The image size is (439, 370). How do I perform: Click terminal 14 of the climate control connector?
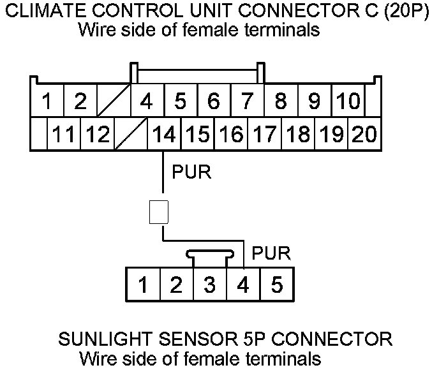click(x=165, y=135)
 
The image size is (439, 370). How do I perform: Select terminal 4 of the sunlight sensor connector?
click(x=243, y=285)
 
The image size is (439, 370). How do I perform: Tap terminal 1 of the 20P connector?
click(x=47, y=101)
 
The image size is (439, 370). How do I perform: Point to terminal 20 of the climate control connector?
click(x=364, y=135)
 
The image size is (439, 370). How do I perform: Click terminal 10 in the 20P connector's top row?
click(x=348, y=101)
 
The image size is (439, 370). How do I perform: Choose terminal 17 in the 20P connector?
click(x=264, y=135)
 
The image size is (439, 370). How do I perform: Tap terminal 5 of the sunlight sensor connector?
click(x=276, y=285)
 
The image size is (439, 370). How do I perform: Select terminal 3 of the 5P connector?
click(x=209, y=285)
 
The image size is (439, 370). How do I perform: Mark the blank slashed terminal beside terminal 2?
click(x=114, y=101)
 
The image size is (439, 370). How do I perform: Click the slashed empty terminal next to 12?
click(x=131, y=135)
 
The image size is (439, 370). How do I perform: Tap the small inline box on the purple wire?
click(x=158, y=212)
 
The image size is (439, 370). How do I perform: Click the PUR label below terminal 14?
click(x=191, y=172)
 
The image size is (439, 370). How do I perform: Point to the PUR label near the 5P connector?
click(x=271, y=253)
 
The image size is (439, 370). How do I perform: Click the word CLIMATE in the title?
click(x=47, y=11)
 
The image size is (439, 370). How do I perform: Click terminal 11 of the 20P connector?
click(x=64, y=135)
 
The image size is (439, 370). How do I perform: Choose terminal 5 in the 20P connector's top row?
click(x=181, y=101)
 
